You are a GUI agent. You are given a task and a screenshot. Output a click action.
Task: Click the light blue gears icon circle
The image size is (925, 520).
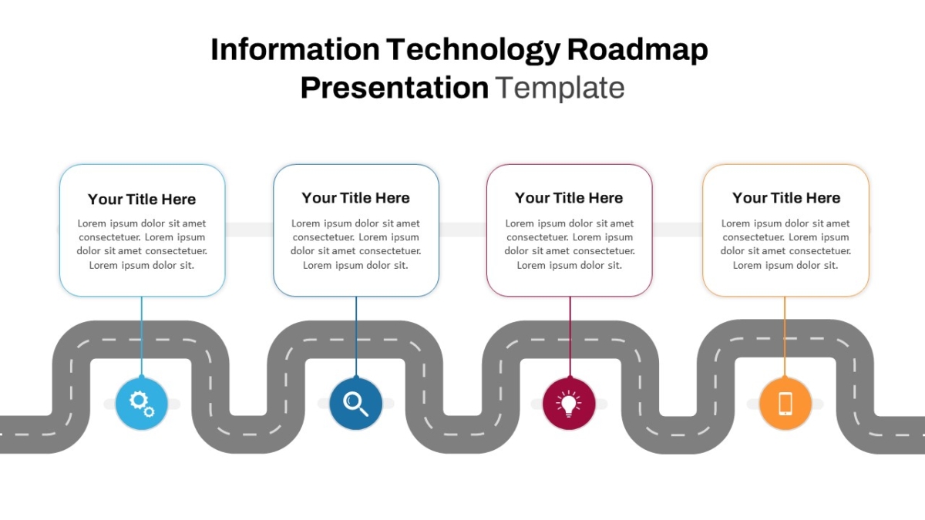(x=141, y=404)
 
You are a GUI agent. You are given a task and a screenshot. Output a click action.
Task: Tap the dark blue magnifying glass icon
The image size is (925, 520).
(x=355, y=404)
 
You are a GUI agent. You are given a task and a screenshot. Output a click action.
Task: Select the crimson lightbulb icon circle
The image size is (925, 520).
(x=569, y=404)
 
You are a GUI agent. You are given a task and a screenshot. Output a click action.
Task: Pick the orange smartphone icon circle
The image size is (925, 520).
(x=785, y=404)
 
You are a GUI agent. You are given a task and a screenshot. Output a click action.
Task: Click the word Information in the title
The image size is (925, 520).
(x=295, y=49)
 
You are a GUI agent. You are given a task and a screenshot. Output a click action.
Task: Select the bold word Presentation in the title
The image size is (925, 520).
(x=395, y=89)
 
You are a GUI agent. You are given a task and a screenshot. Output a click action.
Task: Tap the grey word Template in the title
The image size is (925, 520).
(x=560, y=89)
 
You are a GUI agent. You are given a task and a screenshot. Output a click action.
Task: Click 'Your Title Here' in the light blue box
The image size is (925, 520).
(x=142, y=200)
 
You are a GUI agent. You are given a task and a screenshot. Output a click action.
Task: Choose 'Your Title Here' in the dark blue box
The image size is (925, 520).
(x=355, y=198)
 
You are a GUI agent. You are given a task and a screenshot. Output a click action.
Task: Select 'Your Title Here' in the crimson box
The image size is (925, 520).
(x=569, y=198)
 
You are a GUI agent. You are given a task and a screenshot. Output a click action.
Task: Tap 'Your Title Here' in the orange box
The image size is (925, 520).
(x=786, y=198)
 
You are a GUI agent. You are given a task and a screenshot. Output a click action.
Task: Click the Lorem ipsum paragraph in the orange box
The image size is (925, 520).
(x=785, y=244)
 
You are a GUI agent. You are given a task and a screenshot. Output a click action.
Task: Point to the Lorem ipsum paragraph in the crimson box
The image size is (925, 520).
(x=570, y=244)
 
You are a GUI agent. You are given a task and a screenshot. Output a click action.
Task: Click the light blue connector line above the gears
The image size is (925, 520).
(x=142, y=337)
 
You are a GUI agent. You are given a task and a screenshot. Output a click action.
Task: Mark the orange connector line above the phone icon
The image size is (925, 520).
(x=785, y=337)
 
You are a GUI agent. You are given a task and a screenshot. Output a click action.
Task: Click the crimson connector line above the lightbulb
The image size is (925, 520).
(x=570, y=337)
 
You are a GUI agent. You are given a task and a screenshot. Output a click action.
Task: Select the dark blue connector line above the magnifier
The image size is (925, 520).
(x=356, y=337)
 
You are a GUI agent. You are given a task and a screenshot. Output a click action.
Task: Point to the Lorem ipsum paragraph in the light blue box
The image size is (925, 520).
(x=142, y=244)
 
